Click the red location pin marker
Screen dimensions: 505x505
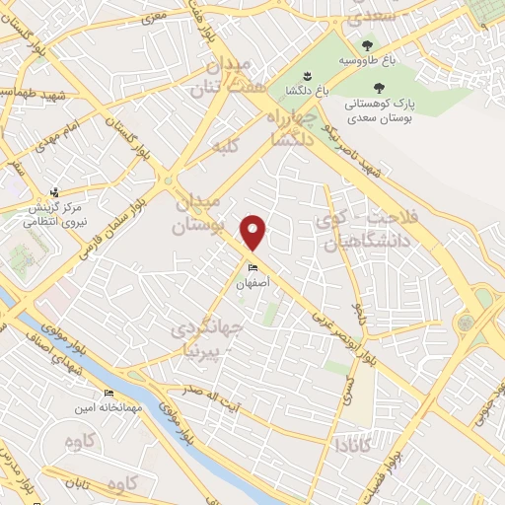tap(254, 233)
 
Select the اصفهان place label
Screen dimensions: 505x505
tap(252, 282)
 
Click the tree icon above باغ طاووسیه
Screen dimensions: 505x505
tap(367, 45)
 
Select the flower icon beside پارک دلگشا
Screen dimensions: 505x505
tap(306, 77)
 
